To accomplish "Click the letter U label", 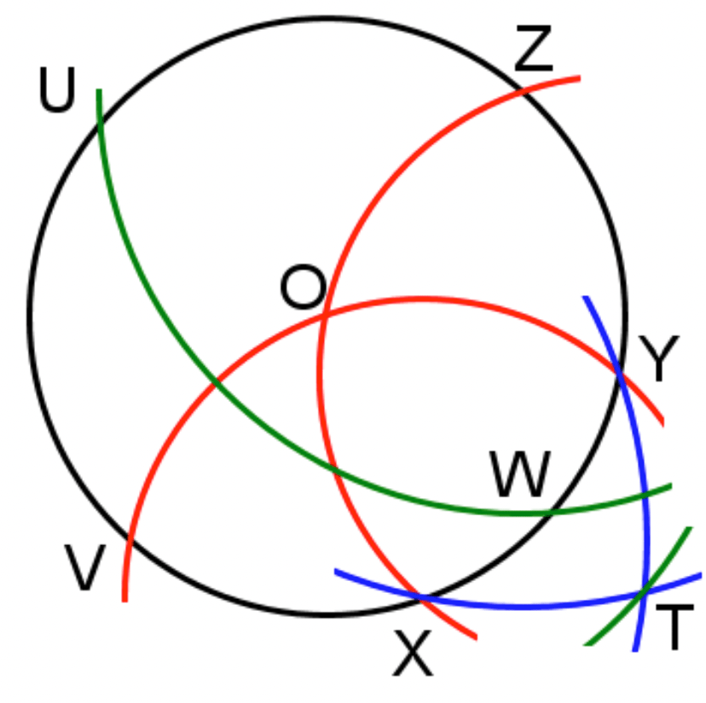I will point(57,92).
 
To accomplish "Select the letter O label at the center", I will point(303,288).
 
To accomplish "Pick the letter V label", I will point(85,569).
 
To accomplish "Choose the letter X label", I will point(413,655).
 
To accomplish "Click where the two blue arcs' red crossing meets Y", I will point(620,372).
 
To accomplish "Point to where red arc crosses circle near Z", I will point(521,89).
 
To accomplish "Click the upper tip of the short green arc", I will point(687,530).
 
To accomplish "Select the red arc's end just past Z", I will point(579,78).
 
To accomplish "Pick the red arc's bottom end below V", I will point(125,600).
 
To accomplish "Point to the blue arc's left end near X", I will point(336,571).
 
